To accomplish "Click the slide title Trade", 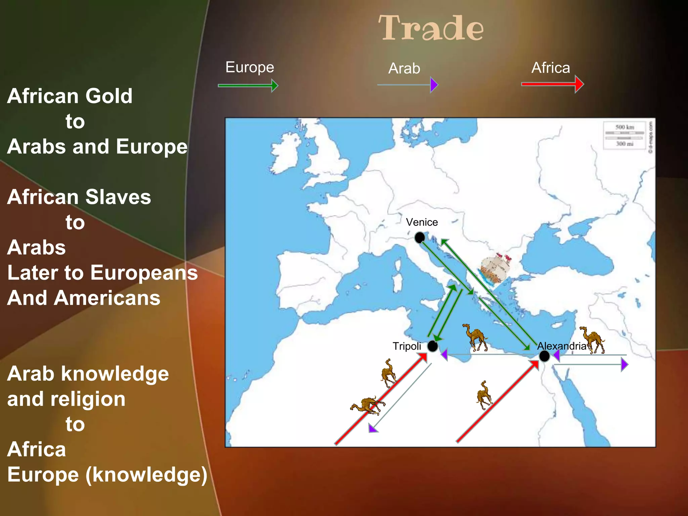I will [431, 28].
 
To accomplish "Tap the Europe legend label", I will [250, 67].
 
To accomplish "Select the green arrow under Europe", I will [248, 86].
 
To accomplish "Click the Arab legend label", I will [404, 69].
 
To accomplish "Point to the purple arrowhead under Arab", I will [434, 85].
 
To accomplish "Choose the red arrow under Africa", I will [552, 84].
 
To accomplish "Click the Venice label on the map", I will [422, 222].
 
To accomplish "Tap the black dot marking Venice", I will [420, 238].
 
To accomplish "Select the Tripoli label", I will [407, 346].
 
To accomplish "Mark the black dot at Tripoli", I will [433, 346].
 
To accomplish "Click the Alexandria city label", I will [562, 346].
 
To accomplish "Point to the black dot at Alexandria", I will [544, 356].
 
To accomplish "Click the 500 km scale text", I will [625, 127].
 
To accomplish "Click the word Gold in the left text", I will [109, 96].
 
